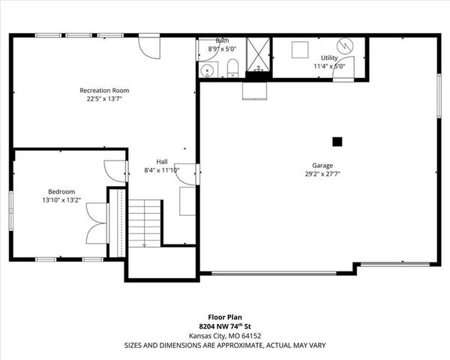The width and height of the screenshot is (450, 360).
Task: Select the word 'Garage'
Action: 322,165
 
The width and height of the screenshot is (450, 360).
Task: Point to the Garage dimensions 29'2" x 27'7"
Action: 322,174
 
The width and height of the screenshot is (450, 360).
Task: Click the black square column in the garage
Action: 337,140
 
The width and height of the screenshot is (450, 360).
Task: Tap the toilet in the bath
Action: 232,70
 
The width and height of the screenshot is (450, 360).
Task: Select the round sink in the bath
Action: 208,70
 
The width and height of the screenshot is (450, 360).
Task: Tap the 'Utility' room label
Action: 329,57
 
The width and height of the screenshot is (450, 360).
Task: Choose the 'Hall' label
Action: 162,161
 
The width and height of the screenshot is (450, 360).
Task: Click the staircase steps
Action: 144,223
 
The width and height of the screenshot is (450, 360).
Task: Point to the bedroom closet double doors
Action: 95,222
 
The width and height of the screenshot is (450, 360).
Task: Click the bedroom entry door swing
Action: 116,171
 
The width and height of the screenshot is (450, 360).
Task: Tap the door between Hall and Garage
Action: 187,174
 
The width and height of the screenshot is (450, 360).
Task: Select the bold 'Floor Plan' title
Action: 225,317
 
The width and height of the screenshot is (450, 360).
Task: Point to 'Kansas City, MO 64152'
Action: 225,336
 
